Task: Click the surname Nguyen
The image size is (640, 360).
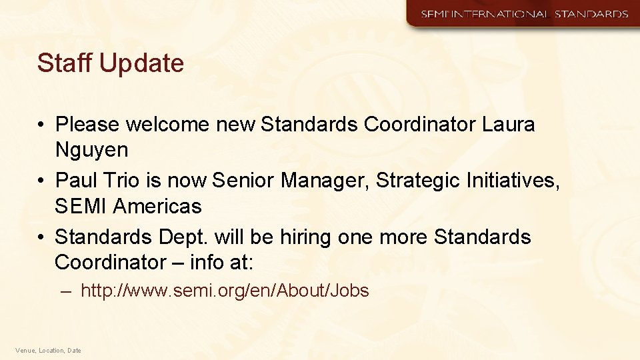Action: (x=91, y=150)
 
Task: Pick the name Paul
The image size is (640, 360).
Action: (x=75, y=180)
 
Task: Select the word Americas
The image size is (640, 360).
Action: (x=157, y=207)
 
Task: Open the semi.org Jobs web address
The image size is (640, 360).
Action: (x=225, y=291)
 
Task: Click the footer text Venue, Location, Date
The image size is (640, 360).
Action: (x=48, y=350)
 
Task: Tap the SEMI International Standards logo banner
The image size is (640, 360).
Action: (x=523, y=14)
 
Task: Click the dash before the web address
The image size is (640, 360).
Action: (x=65, y=291)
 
